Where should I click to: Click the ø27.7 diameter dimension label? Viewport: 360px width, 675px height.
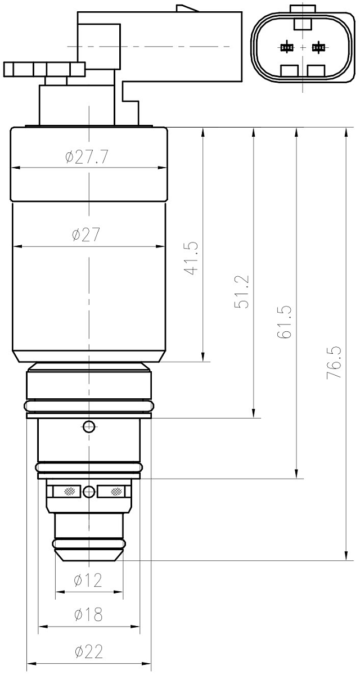87,157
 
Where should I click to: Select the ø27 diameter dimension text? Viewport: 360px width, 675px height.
86,235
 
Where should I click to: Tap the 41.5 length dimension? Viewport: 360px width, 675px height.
192,258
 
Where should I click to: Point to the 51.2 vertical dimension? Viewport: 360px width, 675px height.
242,291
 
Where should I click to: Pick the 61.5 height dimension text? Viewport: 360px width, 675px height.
285,322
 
